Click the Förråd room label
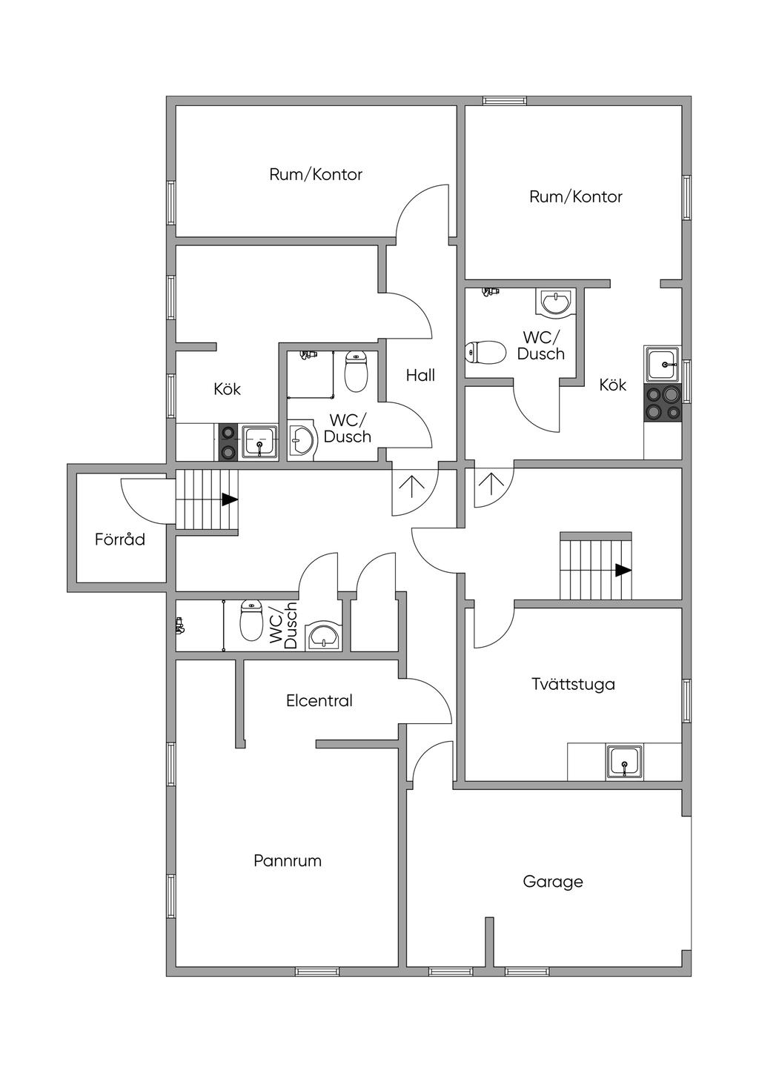pyautogui.click(x=120, y=539)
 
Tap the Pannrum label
pyautogui.click(x=288, y=861)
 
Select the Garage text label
pyautogui.click(x=553, y=882)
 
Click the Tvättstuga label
pyautogui.click(x=573, y=684)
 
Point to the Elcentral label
pyautogui.click(x=319, y=700)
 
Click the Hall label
pyautogui.click(x=420, y=376)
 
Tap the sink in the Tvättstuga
pyautogui.click(x=626, y=762)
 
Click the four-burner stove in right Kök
pyautogui.click(x=663, y=404)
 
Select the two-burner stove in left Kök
pyautogui.click(x=228, y=442)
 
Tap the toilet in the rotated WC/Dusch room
pyautogui.click(x=252, y=620)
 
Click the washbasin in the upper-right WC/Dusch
pyautogui.click(x=554, y=301)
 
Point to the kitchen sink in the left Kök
pyautogui.click(x=259, y=442)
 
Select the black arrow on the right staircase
pyautogui.click(x=623, y=571)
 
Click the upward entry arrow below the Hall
pyautogui.click(x=412, y=486)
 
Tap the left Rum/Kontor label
pyautogui.click(x=316, y=175)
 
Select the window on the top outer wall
pyautogui.click(x=505, y=100)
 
